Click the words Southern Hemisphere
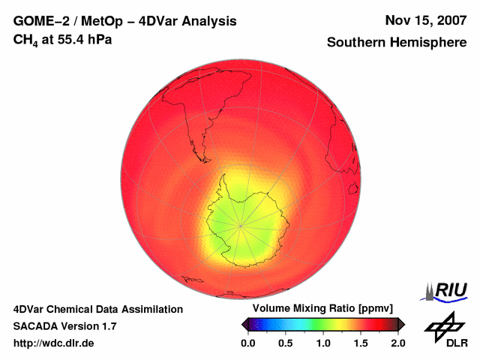[397, 43]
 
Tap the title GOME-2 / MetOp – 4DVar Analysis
[125, 21]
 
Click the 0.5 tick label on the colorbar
[285, 343]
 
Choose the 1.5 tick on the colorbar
[361, 343]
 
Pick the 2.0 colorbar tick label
[398, 343]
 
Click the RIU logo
[447, 291]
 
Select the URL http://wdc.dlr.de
[54, 343]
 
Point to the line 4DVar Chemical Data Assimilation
[98, 309]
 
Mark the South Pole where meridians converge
[241, 224]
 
